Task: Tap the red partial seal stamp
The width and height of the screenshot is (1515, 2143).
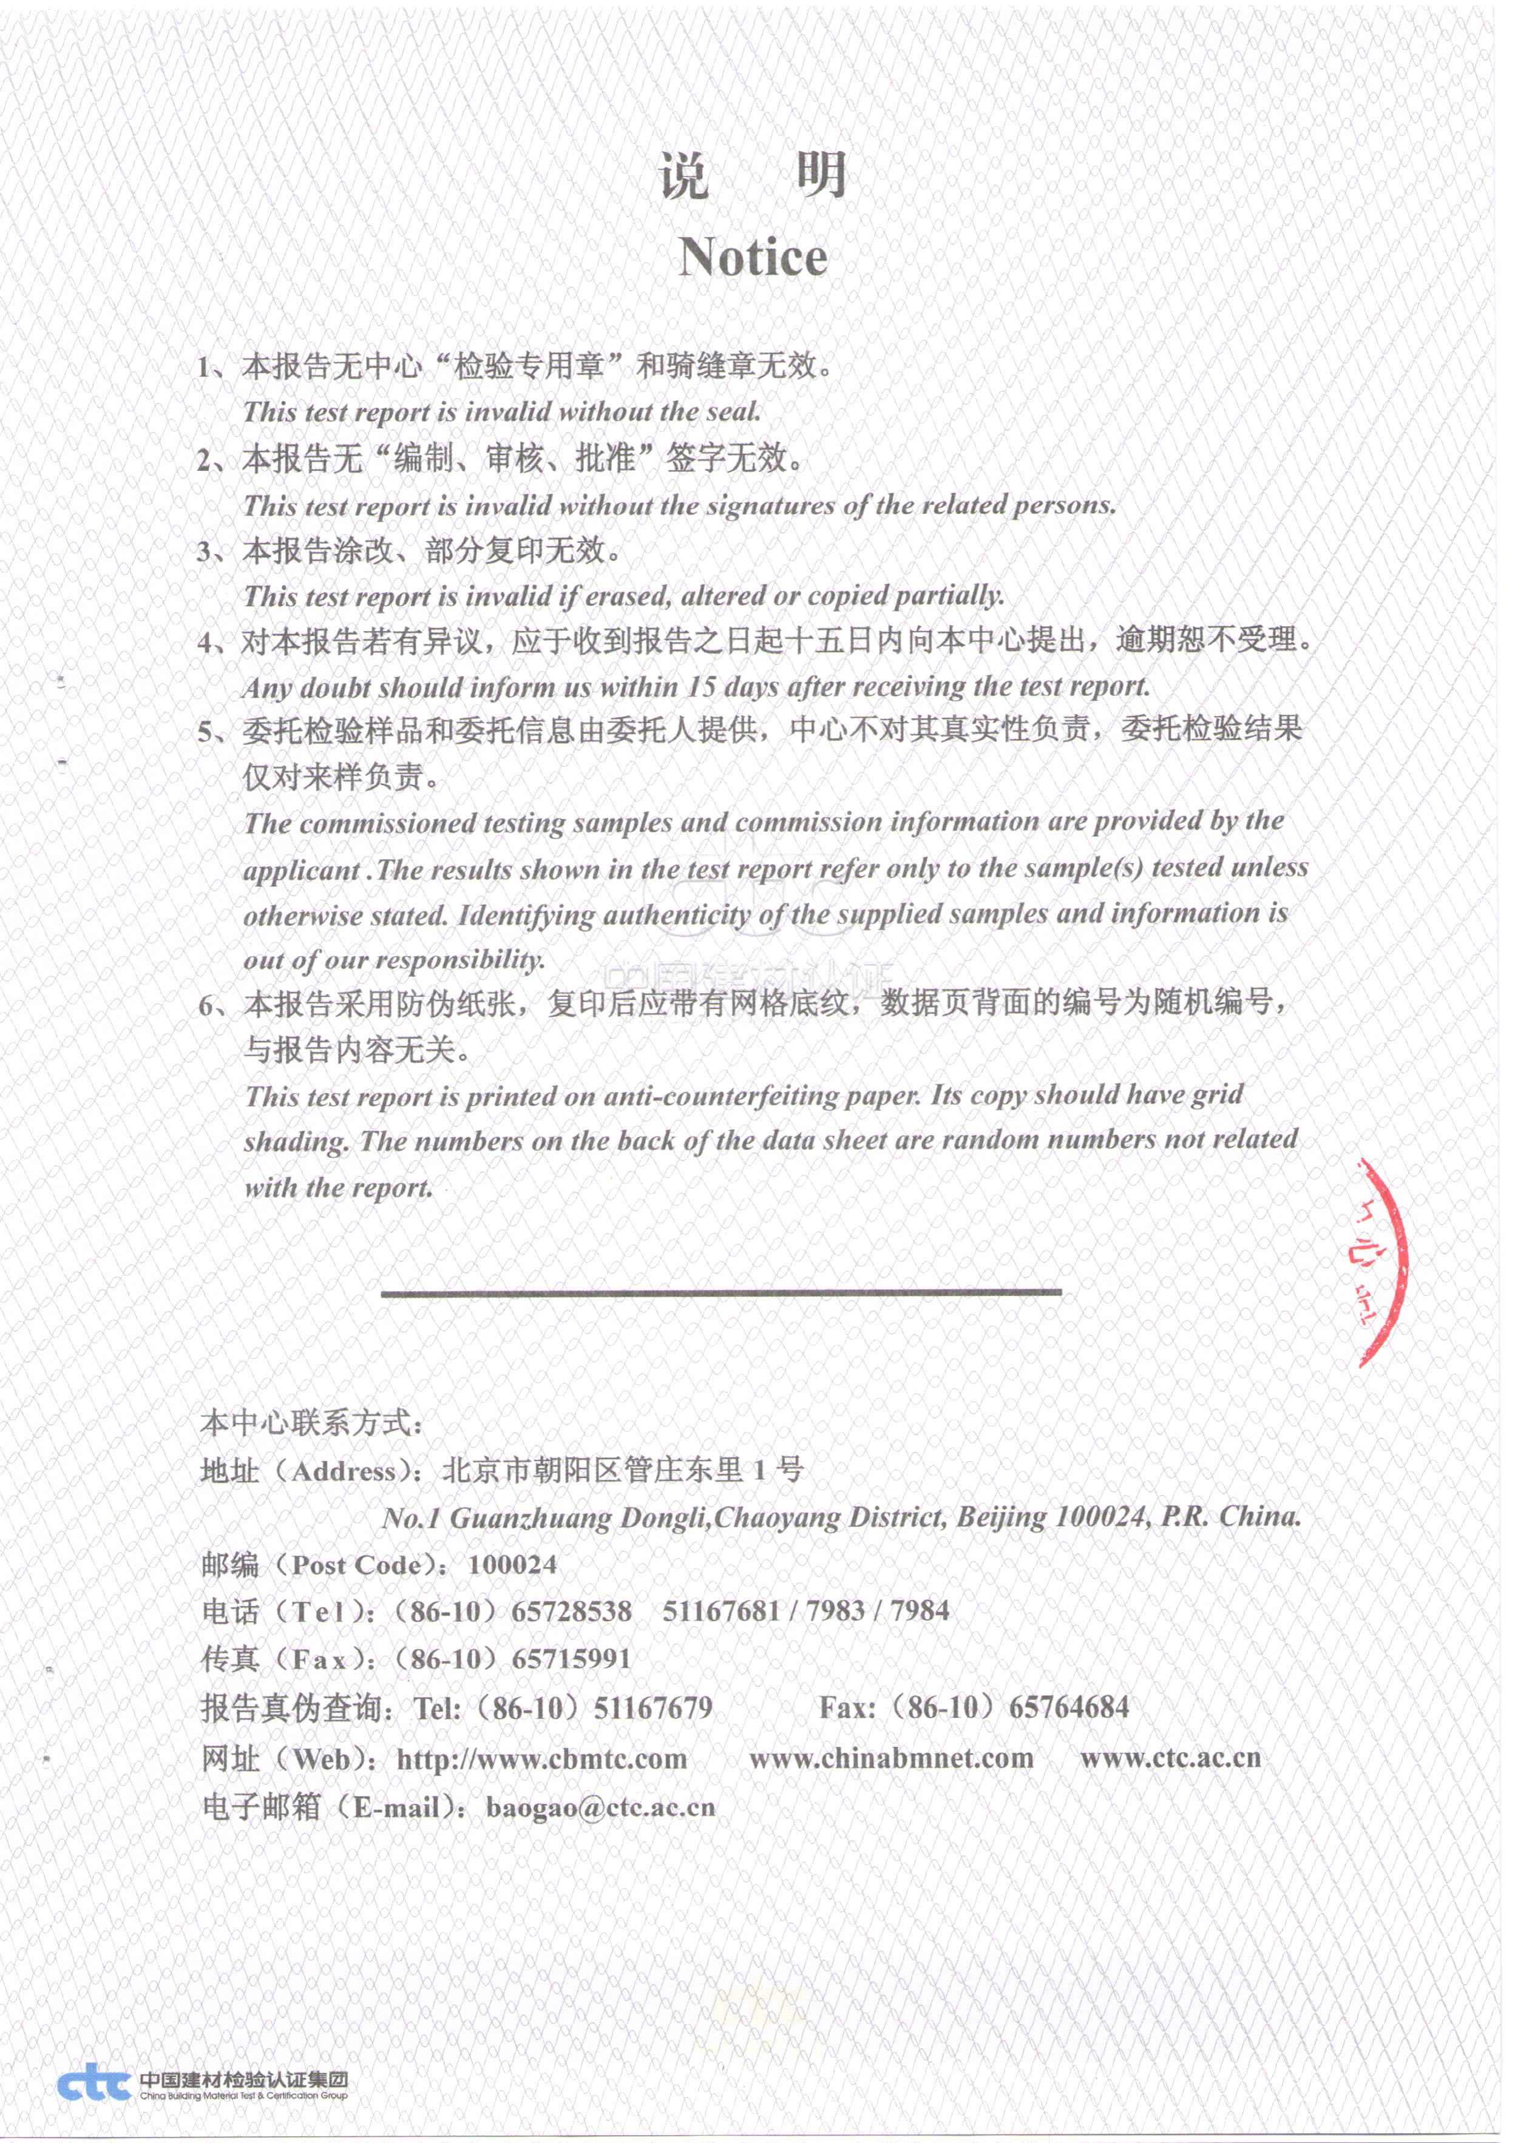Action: pos(1380,1262)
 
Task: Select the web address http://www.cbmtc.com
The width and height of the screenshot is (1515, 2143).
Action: pos(541,1760)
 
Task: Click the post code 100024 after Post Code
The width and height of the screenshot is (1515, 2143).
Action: pos(512,1565)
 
